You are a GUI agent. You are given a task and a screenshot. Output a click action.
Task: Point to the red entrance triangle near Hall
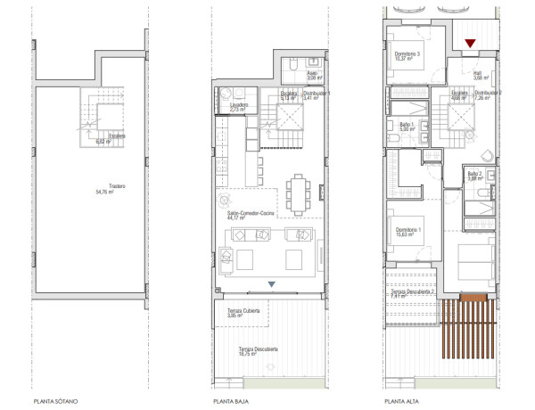[x=471, y=43]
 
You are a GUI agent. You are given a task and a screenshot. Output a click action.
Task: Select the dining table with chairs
[x=296, y=190]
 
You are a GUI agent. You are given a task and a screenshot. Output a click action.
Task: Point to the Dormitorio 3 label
[x=407, y=55]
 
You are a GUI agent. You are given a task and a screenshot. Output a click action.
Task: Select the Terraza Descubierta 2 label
[x=411, y=294]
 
